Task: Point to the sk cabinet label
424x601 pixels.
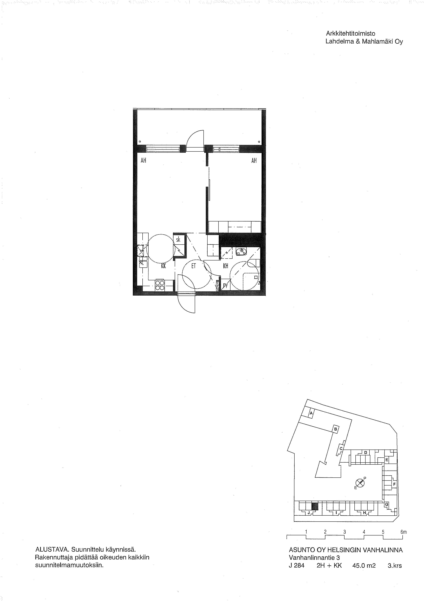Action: pos(178,240)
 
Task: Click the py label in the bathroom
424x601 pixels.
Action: pos(225,285)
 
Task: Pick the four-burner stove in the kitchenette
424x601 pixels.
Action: pos(160,285)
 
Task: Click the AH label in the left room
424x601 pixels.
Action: pos(143,161)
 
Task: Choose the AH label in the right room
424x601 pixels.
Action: pos(254,161)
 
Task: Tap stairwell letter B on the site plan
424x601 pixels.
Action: pos(336,429)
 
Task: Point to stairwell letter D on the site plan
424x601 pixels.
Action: pos(366,453)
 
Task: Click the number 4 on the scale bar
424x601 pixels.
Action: pos(364,532)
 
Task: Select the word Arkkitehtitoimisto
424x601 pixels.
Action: pos(350,34)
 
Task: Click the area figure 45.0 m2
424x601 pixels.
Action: pos(364,566)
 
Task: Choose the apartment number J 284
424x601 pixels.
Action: pos(297,566)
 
